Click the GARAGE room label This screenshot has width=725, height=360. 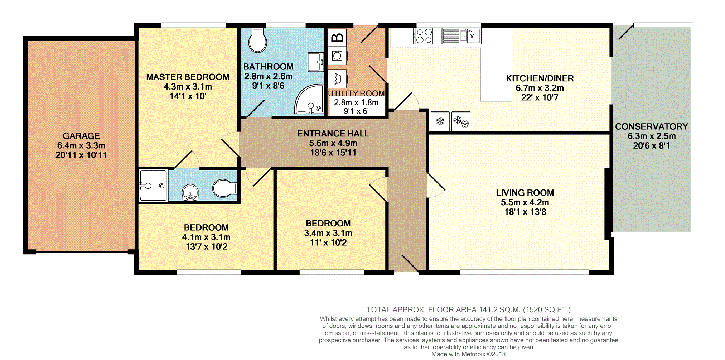tap(81, 136)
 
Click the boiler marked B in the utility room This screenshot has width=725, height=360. tap(337, 37)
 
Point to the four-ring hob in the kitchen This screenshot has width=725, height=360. tap(423, 36)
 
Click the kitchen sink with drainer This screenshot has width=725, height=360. tap(461, 36)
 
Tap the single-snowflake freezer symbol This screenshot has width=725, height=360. tap(440, 121)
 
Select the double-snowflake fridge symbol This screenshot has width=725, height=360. tap(461, 121)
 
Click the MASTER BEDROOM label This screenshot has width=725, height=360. tap(188, 77)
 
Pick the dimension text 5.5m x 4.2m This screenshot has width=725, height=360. tap(525, 202)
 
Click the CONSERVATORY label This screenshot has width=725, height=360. tap(652, 126)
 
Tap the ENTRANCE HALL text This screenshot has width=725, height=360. tap(333, 134)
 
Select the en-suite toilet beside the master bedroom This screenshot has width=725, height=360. tap(224, 188)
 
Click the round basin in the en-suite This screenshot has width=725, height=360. tap(190, 193)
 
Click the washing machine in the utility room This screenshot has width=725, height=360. tap(337, 56)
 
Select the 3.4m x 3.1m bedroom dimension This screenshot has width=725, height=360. tap(328, 233)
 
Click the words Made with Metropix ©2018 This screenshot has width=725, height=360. tap(469, 354)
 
